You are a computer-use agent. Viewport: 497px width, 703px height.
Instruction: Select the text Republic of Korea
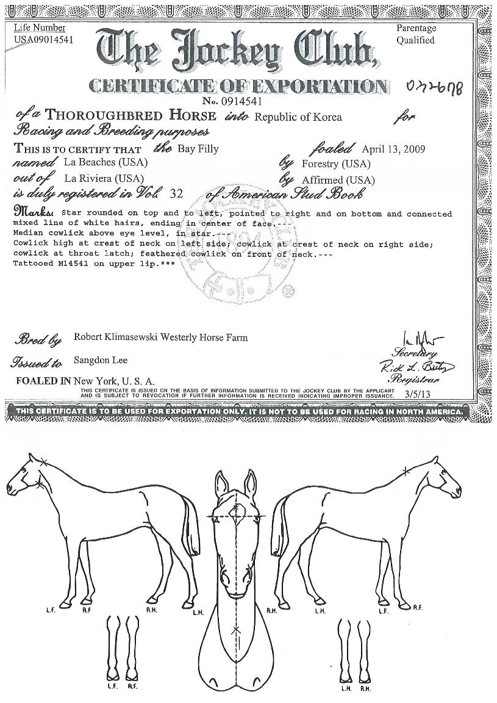click(299, 117)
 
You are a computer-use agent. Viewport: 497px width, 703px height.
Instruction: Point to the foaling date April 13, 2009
click(393, 149)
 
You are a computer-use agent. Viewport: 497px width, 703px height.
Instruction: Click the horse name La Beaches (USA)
click(105, 163)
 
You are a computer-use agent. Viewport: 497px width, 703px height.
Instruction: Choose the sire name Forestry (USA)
click(336, 164)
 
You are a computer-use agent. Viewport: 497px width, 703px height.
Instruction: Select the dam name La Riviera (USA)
click(104, 178)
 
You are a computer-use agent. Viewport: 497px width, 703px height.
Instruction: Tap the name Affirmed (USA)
click(338, 180)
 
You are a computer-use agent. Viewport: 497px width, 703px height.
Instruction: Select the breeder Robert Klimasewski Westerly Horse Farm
click(160, 337)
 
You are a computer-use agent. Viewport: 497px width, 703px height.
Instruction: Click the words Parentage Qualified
click(416, 34)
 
